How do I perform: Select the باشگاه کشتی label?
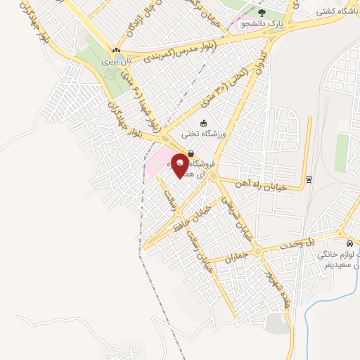335,12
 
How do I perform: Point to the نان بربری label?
116,62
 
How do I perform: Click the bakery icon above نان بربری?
116,51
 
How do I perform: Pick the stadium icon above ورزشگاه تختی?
204,123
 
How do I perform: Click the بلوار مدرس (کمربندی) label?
183,46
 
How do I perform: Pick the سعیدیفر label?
336,267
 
